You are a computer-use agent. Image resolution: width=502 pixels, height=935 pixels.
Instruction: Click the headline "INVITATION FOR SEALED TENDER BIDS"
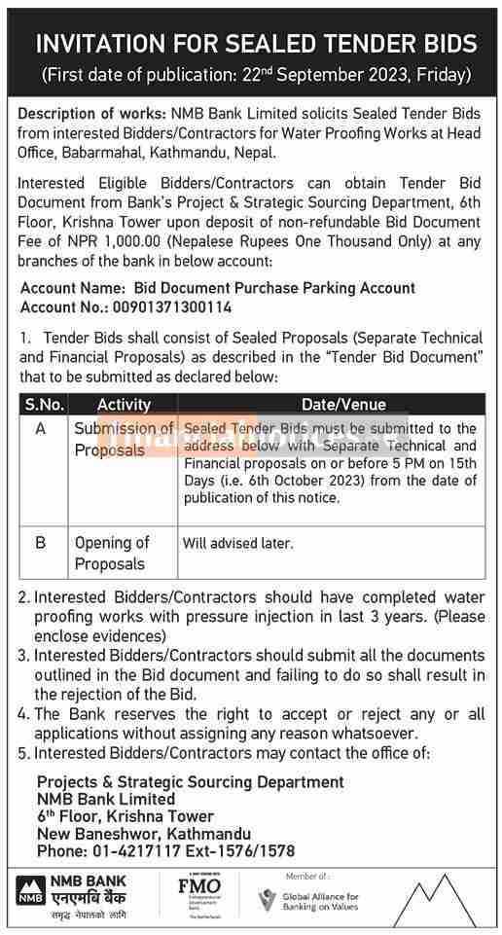click(256, 44)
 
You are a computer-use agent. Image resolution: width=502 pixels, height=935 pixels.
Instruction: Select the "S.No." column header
click(45, 405)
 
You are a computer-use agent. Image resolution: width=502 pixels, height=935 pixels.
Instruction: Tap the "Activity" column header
click(124, 405)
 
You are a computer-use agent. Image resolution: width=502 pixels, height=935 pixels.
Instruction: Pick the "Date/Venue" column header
click(331, 405)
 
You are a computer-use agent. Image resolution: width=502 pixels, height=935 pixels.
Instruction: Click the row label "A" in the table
click(41, 428)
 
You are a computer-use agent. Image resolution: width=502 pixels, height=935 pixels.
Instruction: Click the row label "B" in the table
click(41, 543)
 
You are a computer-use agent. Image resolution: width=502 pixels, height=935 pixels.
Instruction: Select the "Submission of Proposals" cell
click(124, 439)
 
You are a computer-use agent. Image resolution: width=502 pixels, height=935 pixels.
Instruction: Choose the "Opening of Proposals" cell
click(112, 553)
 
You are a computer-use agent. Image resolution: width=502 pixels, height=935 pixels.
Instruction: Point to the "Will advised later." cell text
click(237, 544)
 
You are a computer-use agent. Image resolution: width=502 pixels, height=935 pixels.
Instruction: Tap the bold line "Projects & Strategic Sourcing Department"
click(190, 781)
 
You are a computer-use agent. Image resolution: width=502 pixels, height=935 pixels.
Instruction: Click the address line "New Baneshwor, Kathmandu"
click(143, 834)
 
